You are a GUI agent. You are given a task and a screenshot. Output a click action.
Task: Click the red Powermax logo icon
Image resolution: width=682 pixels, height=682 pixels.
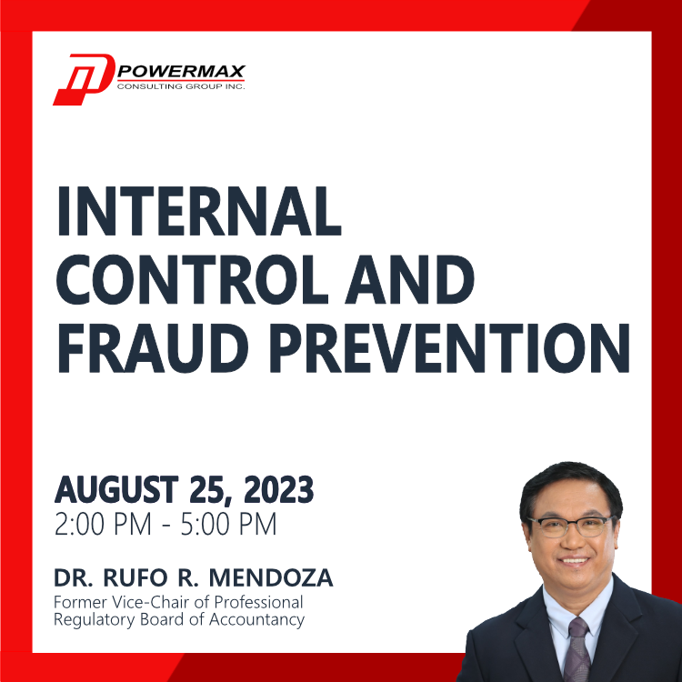(84, 80)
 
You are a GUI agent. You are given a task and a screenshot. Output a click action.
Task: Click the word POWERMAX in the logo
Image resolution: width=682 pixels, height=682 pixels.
(181, 71)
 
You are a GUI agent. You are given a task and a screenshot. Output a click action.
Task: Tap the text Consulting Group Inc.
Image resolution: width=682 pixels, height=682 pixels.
(181, 86)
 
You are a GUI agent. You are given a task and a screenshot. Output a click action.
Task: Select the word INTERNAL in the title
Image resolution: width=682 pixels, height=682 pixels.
(199, 211)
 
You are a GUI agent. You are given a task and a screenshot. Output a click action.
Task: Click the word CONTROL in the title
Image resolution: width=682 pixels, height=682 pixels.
(192, 280)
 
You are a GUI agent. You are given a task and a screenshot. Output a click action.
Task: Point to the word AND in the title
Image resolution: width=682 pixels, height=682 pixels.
(409, 280)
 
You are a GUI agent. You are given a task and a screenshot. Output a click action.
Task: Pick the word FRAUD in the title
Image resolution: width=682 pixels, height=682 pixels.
(153, 348)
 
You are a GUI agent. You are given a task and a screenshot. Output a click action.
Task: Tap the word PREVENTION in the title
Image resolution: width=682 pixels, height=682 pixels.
(450, 348)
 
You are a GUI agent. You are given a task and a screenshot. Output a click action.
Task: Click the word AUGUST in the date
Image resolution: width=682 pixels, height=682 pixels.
(116, 490)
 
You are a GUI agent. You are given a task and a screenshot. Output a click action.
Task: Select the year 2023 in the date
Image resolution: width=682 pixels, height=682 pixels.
(279, 490)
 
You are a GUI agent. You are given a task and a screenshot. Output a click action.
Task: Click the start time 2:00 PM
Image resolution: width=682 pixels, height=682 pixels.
(103, 524)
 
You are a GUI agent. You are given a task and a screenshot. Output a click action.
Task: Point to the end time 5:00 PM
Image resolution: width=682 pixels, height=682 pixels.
(229, 524)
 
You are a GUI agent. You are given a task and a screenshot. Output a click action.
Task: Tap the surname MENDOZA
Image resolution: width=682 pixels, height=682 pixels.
(271, 578)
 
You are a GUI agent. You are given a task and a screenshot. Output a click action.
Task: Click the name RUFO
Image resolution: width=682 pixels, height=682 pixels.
(135, 578)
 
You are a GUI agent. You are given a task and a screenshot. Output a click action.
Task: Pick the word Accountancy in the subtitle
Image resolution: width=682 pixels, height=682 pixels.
(257, 620)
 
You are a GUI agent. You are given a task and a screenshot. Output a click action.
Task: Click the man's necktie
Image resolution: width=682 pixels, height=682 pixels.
(577, 649)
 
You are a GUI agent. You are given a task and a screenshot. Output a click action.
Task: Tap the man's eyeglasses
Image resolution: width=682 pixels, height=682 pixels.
(571, 526)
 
